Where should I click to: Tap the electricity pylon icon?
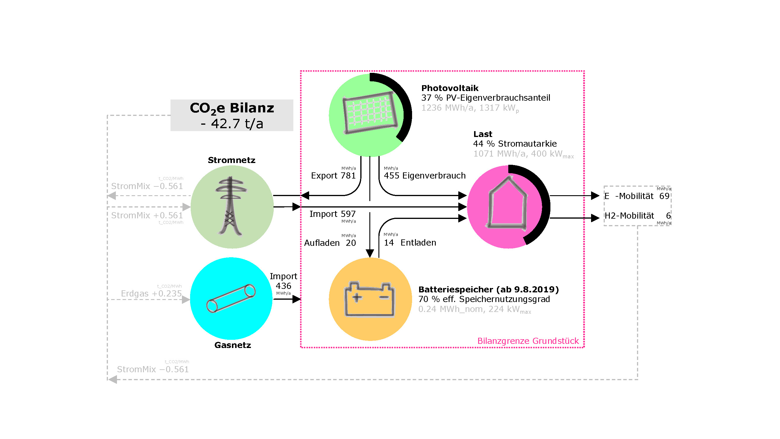[x=230, y=206]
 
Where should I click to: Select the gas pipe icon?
[x=231, y=299]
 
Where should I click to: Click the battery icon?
[x=370, y=300]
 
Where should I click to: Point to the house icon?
[x=507, y=204]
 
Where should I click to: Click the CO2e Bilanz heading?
[x=232, y=108]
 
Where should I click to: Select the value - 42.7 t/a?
[x=232, y=124]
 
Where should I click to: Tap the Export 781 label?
[x=333, y=176]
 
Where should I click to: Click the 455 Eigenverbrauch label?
[x=425, y=176]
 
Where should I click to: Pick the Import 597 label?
[x=333, y=214]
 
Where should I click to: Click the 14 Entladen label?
[x=410, y=243]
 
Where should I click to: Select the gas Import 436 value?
[x=283, y=286]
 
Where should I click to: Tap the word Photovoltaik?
[x=450, y=88]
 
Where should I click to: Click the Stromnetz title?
[x=232, y=160]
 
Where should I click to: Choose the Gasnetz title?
[x=233, y=345]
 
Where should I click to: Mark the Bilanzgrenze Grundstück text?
[x=528, y=341]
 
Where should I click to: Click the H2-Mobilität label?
[x=629, y=216]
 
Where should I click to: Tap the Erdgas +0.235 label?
[x=151, y=294]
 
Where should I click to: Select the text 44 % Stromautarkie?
[x=515, y=144]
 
